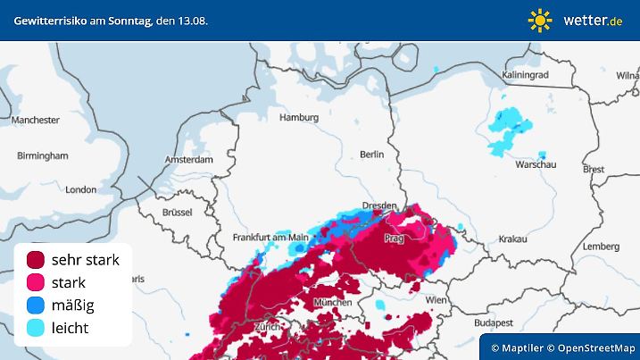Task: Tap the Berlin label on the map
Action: (371, 154)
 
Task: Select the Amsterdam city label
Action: (188, 160)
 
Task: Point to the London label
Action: (80, 189)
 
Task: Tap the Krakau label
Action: (513, 239)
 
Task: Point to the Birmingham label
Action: (42, 155)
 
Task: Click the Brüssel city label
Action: (178, 213)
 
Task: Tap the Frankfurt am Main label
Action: (270, 238)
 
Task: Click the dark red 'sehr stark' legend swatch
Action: (36, 260)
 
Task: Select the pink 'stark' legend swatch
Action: (36, 283)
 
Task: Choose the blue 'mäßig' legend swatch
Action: (36, 306)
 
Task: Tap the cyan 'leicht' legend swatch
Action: (36, 328)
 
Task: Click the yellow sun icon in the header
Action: (540, 20)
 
